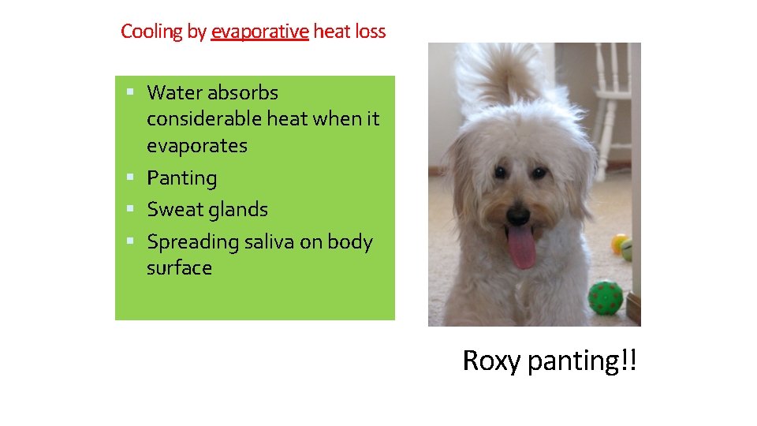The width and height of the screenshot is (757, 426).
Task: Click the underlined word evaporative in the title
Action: coord(259,32)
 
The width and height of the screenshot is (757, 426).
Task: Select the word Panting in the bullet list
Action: coord(181,178)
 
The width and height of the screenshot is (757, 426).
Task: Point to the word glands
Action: coord(238,210)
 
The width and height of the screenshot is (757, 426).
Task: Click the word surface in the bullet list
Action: coord(179,268)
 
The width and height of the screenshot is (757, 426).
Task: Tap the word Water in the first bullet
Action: coord(174,92)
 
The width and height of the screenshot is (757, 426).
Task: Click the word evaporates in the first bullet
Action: coord(196,146)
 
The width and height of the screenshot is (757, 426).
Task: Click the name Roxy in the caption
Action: coord(491,361)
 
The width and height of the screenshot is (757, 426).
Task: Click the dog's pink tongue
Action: coord(521,247)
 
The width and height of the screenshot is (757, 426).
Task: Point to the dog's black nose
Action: coord(518,214)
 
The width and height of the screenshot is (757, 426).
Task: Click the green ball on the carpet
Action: coord(605,297)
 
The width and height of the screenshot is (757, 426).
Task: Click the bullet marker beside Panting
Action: coord(129,177)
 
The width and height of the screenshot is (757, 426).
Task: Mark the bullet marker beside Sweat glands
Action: coord(129,209)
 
